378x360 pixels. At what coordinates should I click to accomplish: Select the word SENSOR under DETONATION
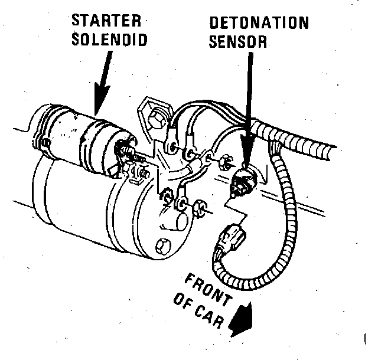click(x=239, y=42)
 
